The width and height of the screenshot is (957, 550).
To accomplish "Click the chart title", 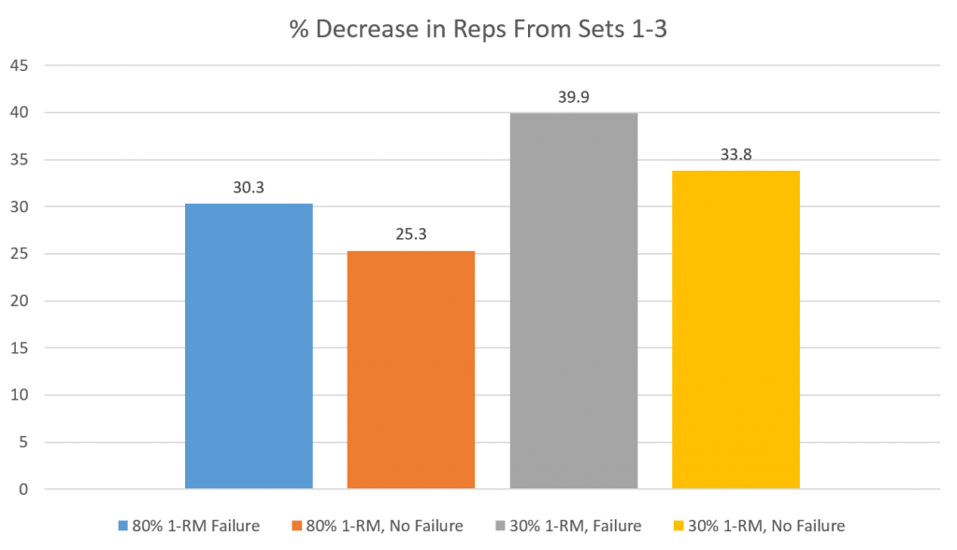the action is pos(478,29).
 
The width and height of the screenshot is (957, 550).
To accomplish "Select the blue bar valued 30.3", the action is pos(249,346).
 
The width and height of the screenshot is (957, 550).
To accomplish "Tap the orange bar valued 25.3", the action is pos(411,370).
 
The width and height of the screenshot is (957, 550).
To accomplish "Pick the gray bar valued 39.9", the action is pos(574,301).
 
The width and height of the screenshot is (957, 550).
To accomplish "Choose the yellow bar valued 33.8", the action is pos(736,330).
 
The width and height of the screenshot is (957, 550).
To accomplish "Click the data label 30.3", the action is pos(249,187).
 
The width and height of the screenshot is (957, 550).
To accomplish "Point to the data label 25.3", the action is pos(411,234).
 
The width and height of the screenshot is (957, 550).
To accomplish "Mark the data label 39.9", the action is pos(574,97).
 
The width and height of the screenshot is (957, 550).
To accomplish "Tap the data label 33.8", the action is pos(736,154).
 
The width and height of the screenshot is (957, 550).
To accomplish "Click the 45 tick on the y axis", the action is pos(20,65).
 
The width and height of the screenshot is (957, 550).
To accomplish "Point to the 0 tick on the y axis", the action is pos(23,489).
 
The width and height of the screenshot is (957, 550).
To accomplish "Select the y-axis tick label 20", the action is pos(20,301).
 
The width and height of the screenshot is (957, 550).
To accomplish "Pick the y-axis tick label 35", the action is pos(20,160).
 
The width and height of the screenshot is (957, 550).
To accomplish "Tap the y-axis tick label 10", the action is pos(20,394).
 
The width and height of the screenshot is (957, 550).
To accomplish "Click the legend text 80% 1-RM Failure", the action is pos(196,526).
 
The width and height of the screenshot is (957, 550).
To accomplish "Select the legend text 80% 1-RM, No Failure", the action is pos(384,526).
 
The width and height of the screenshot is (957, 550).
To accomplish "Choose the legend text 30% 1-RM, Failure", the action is pos(576,526).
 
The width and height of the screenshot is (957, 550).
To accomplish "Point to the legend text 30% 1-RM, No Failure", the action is pos(766,526).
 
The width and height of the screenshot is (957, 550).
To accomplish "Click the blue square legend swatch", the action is pos(123,526).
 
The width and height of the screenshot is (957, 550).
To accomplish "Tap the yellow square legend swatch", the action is pos(679,526).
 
